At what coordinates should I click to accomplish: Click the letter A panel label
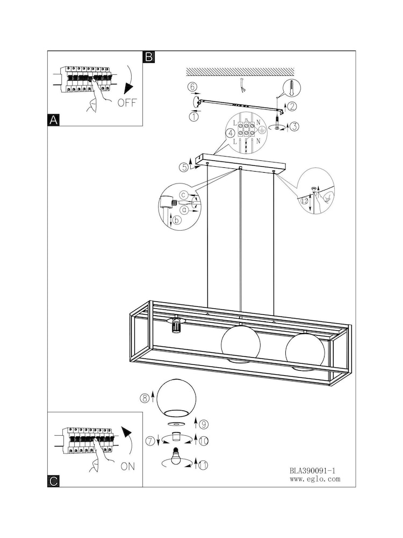click(53, 120)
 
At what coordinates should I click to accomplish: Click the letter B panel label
click(149, 56)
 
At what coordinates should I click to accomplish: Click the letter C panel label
click(53, 481)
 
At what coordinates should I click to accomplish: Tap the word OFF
click(127, 103)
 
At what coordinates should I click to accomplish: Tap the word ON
click(128, 466)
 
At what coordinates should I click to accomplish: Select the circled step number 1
click(193, 117)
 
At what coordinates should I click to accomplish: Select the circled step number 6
click(192, 87)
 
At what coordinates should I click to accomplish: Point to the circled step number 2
click(292, 107)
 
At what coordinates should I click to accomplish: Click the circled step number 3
click(294, 126)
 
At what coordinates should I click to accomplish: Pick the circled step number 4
click(231, 132)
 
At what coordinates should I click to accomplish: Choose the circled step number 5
click(184, 167)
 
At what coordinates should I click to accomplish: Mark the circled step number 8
click(144, 398)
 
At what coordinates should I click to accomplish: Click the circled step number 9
click(204, 424)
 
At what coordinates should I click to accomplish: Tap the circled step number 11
click(203, 465)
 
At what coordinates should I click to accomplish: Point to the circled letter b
click(177, 220)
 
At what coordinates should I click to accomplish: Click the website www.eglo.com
click(315, 479)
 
